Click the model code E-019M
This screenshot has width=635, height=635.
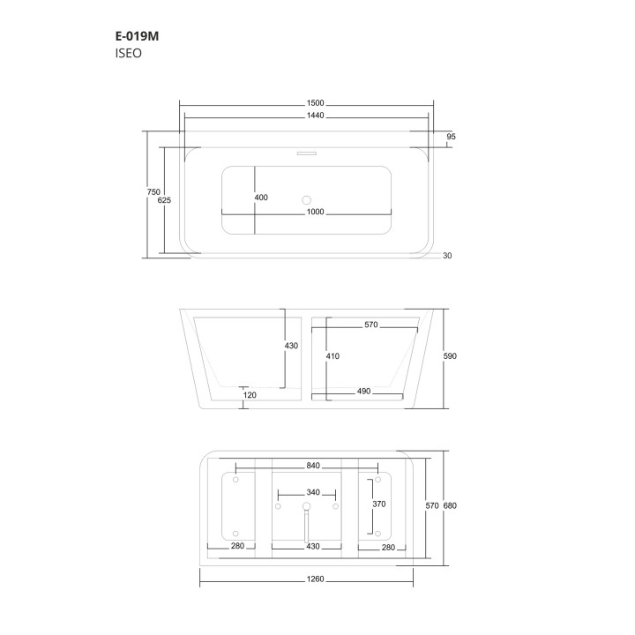137,36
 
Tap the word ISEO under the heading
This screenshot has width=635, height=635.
129,54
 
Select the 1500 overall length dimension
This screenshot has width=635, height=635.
315,103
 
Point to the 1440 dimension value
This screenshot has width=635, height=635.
315,116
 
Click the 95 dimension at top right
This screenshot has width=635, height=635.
451,137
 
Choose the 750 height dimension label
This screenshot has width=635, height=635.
153,192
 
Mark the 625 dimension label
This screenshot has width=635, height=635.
164,200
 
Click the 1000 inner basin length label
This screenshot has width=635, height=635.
315,212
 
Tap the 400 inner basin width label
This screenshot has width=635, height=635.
261,198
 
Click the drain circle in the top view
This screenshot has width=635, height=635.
307,200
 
